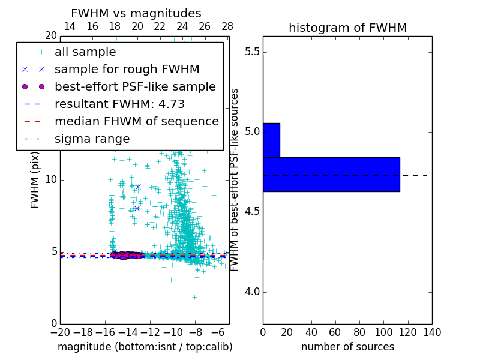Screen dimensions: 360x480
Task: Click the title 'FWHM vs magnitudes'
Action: tap(136, 14)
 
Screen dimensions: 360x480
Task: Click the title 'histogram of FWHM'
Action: tap(347, 28)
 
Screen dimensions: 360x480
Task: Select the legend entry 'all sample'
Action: tap(85, 52)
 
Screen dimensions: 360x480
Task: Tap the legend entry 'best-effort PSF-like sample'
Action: tap(135, 87)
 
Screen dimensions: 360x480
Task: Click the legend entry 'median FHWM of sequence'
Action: tap(136, 122)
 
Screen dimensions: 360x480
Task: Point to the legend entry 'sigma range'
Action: tap(92, 139)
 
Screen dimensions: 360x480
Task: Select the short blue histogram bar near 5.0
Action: tap(271, 140)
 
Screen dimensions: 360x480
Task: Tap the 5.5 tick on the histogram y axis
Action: tap(251, 52)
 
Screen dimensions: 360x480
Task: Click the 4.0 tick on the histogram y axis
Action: tap(251, 292)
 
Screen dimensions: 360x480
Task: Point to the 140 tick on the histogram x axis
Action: tap(432, 332)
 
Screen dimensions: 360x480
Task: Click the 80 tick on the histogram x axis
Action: tap(359, 332)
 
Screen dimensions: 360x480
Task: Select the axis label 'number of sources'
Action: tap(347, 347)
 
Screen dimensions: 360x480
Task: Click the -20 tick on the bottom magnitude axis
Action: tap(60, 332)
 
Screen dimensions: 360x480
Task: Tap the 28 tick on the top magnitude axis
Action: tap(227, 26)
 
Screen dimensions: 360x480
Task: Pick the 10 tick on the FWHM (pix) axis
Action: tap(51, 180)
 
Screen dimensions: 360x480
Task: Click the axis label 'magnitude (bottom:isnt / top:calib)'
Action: tap(145, 347)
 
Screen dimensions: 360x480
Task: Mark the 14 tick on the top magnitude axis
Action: tap(70, 26)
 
